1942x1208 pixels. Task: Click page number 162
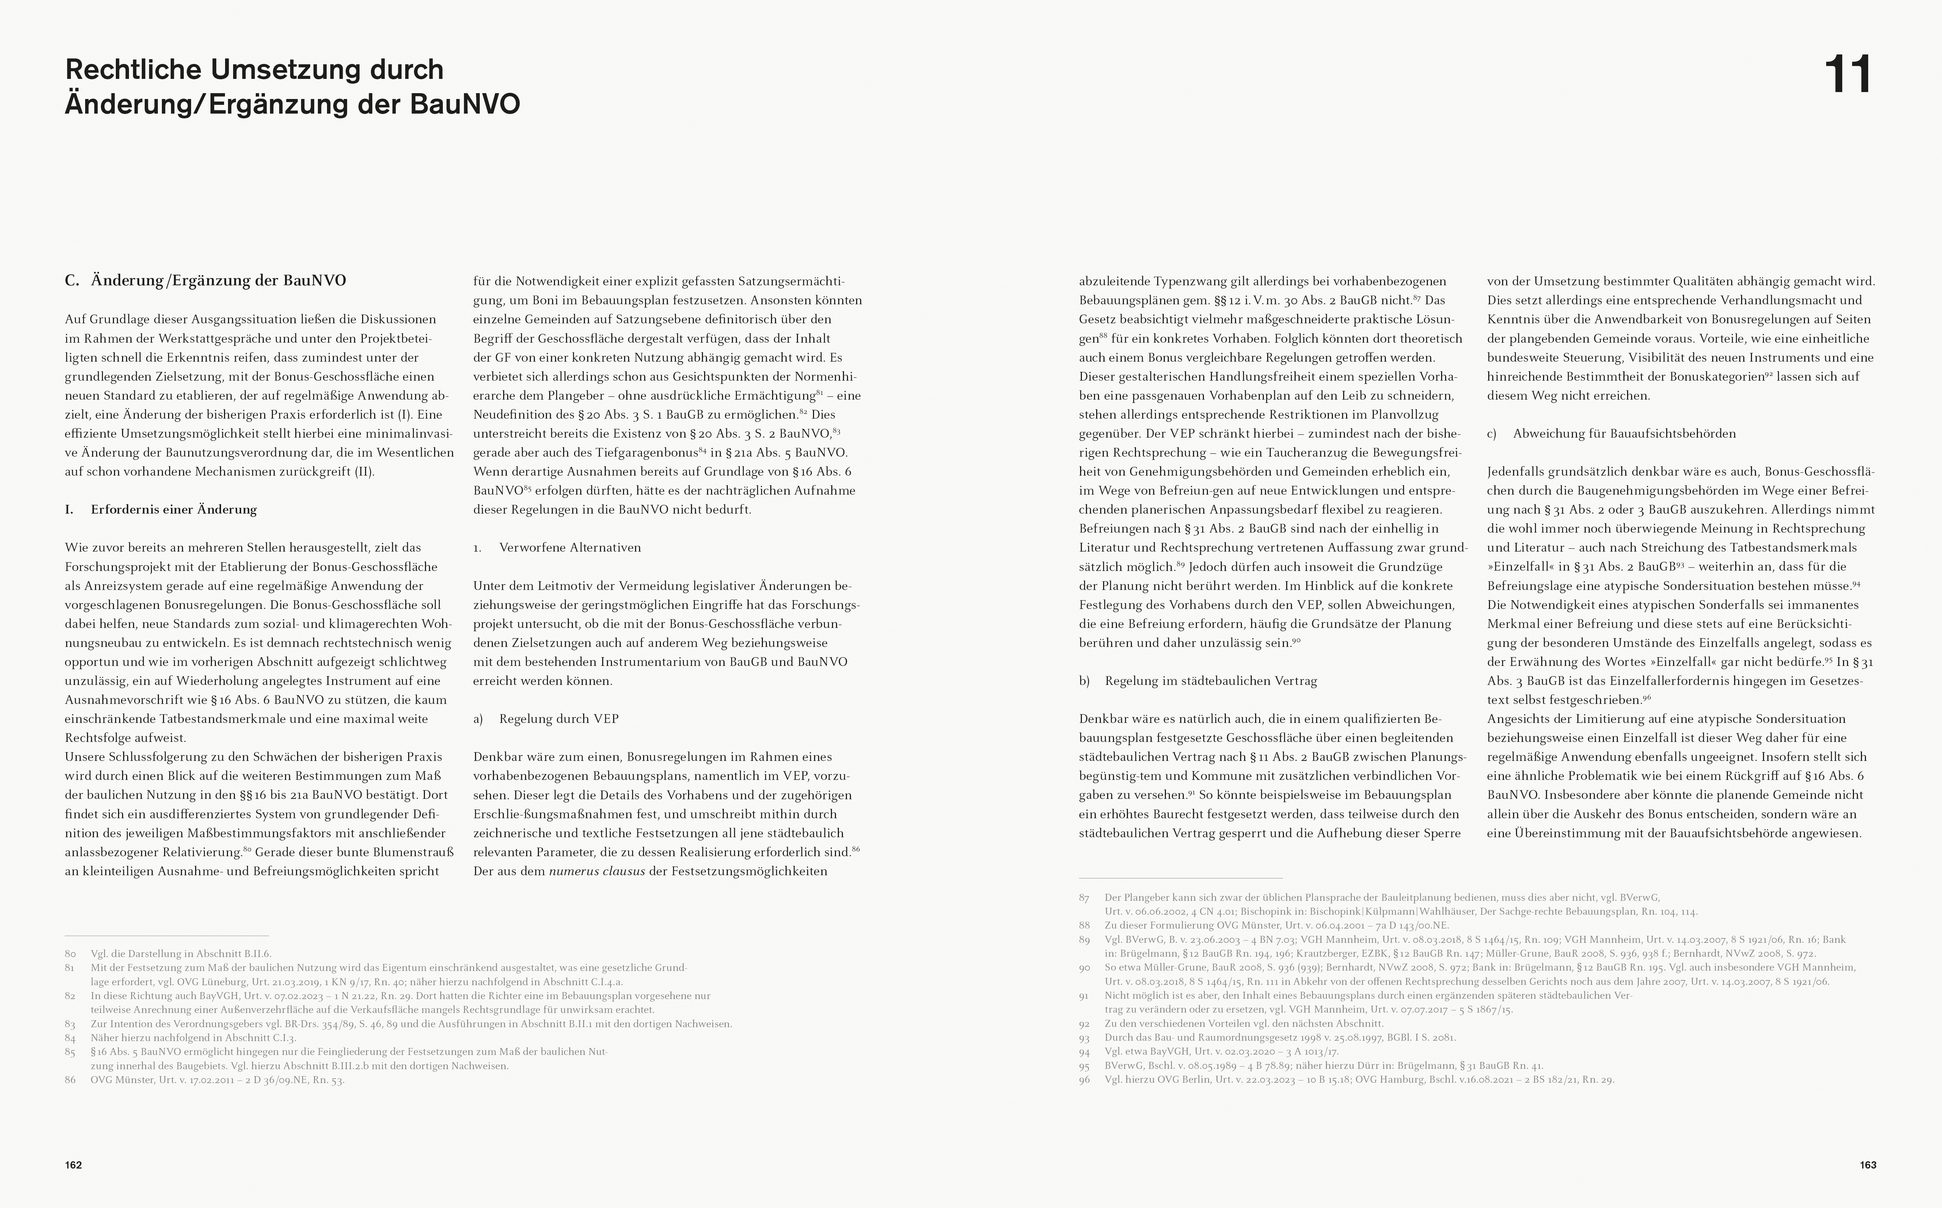pos(73,1165)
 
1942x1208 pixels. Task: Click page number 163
pos(1868,1165)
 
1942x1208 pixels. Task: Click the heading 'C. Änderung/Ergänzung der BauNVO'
pos(205,281)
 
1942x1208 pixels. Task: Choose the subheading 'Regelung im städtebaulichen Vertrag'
pos(1211,681)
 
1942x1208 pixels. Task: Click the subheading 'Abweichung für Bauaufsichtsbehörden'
pos(1624,434)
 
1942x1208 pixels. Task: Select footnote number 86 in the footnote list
pos(70,1080)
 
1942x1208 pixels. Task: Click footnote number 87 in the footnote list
pos(1084,898)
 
